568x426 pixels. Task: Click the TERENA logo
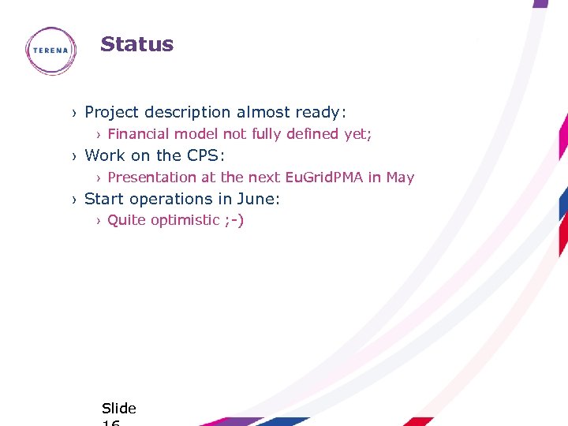pos(50,50)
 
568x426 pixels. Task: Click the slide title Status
pos(136,44)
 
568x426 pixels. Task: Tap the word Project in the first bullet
pos(111,113)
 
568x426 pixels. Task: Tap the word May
pos(400,177)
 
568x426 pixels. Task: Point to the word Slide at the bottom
pos(119,408)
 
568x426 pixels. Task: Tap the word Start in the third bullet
pos(104,199)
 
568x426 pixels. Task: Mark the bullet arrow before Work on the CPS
pos(74,156)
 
